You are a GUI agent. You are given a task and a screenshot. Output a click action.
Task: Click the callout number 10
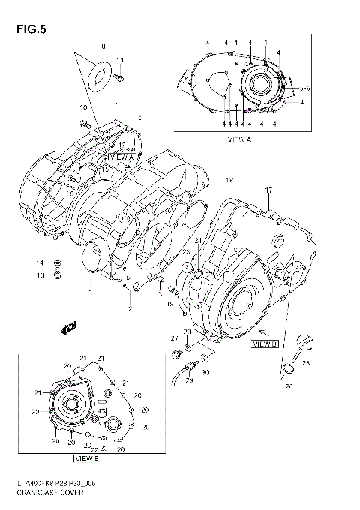(82, 108)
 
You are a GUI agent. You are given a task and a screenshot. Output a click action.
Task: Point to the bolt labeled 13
(58, 275)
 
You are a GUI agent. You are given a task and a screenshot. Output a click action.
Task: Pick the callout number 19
(170, 305)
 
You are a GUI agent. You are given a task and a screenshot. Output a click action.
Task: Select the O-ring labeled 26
(288, 368)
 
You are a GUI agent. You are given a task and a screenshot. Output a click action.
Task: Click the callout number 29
(189, 382)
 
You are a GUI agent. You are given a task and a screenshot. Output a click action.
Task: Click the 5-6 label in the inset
(305, 88)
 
